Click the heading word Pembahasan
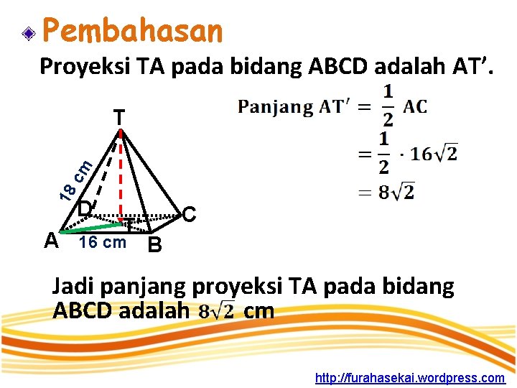133,31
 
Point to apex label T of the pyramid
119,117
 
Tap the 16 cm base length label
103,242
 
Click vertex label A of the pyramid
51,240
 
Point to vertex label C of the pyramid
189,214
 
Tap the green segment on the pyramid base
90,227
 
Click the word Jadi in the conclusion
73,287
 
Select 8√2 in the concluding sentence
217,312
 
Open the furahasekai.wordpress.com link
410,377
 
